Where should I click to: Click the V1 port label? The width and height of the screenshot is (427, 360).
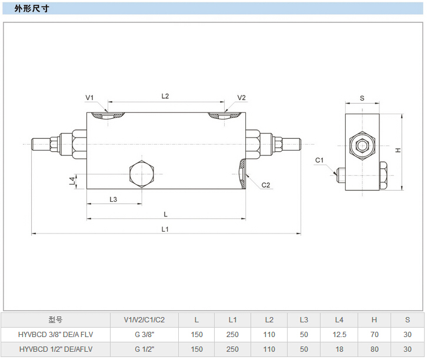coord(89,98)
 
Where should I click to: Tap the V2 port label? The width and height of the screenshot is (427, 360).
coord(241,98)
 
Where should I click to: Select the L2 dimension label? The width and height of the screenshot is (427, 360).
coord(165,96)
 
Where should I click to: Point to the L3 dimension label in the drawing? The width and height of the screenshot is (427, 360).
coord(114,199)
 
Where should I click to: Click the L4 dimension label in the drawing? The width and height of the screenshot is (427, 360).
coord(72,181)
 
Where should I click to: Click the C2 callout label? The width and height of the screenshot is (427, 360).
coord(265,185)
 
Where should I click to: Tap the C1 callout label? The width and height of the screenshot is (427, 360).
coord(319,160)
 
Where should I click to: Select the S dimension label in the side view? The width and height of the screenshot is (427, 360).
coord(362,98)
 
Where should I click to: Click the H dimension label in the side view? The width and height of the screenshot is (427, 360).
coord(398,151)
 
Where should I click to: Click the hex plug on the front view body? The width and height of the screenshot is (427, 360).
coord(141,174)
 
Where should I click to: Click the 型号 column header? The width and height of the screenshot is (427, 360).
coord(56,320)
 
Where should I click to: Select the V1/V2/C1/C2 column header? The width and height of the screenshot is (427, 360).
coord(144,320)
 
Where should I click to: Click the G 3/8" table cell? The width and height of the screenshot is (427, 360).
coord(144,335)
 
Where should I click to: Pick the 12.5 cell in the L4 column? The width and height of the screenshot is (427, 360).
coord(339,335)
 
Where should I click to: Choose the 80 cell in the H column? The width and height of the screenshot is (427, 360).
coord(374,349)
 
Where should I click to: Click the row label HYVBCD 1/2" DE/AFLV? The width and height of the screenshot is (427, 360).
coord(56,349)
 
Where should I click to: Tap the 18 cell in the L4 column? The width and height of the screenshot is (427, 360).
coord(339,349)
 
